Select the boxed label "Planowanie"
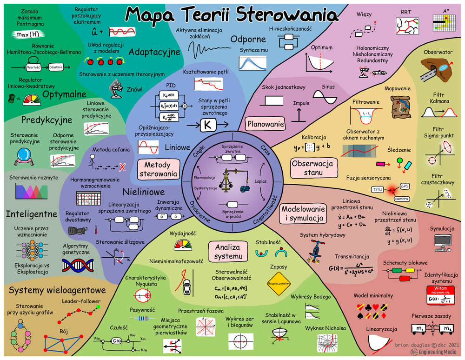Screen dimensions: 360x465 click(x=266, y=124)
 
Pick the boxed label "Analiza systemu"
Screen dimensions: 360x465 click(x=229, y=251)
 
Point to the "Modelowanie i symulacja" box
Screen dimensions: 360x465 click(x=303, y=214)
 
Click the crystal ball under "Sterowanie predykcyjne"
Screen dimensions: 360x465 click(x=22, y=155)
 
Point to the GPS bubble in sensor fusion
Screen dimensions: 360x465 click(x=404, y=186)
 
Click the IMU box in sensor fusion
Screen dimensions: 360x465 click(x=377, y=189)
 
